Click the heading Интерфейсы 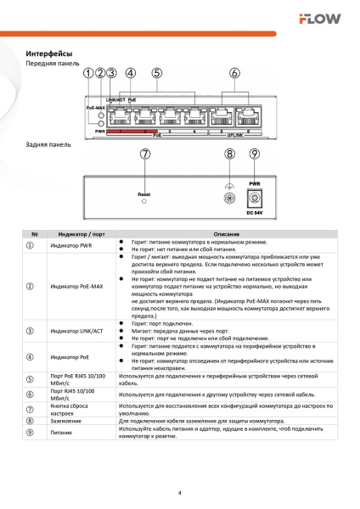click(x=50, y=53)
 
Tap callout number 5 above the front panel click(x=158, y=74)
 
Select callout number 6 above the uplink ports click(x=234, y=74)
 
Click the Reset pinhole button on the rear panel click(x=144, y=203)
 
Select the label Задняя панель click(x=49, y=144)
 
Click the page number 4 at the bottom click(x=180, y=493)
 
